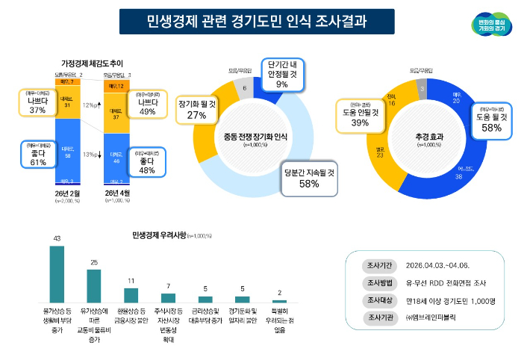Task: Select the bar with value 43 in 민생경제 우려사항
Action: (57, 272)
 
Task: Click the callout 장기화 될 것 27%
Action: (196, 110)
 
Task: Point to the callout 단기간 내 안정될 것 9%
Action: (282, 74)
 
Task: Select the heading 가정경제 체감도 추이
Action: (92, 63)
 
